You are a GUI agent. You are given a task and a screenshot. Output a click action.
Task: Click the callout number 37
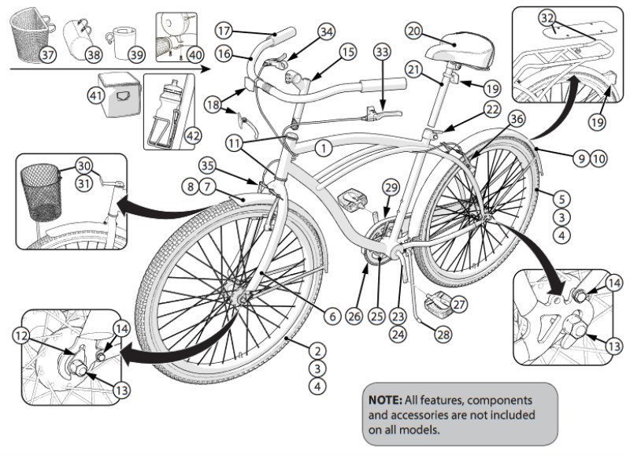pyautogui.click(x=48, y=54)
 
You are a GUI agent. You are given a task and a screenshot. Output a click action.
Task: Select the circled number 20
pyautogui.click(x=414, y=31)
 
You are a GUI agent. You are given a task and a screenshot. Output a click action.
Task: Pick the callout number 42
pyautogui.click(x=192, y=135)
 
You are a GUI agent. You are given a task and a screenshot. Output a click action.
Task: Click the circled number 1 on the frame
pyautogui.click(x=321, y=147)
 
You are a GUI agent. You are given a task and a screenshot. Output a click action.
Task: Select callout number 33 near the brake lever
pyautogui.click(x=383, y=53)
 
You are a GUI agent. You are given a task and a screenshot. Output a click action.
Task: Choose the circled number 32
pyautogui.click(x=547, y=17)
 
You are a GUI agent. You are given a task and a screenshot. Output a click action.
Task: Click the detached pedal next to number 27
pyautogui.click(x=432, y=301)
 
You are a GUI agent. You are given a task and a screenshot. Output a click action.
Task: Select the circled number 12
pyautogui.click(x=20, y=335)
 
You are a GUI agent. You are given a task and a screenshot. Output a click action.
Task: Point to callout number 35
pyautogui.click(x=207, y=166)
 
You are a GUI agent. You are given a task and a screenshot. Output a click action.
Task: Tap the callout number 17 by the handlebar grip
pyautogui.click(x=224, y=31)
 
